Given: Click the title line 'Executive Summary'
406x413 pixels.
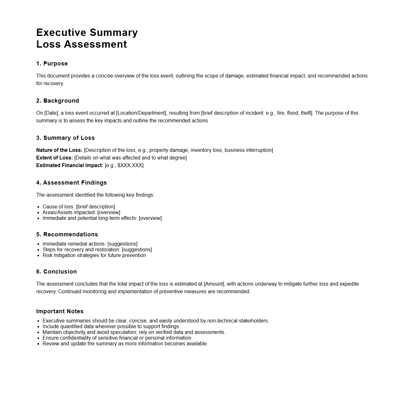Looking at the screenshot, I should pyautogui.click(x=87, y=32).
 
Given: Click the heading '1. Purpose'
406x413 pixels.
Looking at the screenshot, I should pyautogui.click(x=52, y=64).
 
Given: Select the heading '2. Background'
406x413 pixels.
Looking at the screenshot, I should pyautogui.click(x=58, y=101).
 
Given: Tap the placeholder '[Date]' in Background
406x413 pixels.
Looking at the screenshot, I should pyautogui.click(x=51, y=113).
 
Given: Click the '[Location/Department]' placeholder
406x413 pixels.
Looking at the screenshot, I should pyautogui.click(x=141, y=113).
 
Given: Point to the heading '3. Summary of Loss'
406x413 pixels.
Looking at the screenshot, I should pyautogui.click(x=65, y=138).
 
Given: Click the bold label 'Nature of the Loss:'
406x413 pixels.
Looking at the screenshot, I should pyautogui.click(x=59, y=150).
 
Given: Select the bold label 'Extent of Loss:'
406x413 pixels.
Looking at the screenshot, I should pyautogui.click(x=54, y=158).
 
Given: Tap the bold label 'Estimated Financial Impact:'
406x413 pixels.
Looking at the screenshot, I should pyautogui.click(x=70, y=166).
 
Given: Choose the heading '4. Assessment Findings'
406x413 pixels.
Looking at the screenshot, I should pyautogui.click(x=71, y=183).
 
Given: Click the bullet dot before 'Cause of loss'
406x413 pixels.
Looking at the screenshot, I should pyautogui.click(x=38, y=207).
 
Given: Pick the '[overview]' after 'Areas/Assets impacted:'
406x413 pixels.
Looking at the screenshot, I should pyautogui.click(x=109, y=213).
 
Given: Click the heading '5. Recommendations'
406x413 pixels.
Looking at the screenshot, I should pyautogui.click(x=67, y=234).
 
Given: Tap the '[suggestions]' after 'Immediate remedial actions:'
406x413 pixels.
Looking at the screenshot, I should pyautogui.click(x=122, y=244).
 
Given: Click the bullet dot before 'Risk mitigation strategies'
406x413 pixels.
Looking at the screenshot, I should pyautogui.click(x=38, y=256).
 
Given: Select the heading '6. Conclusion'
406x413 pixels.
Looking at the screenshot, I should pyautogui.click(x=57, y=272).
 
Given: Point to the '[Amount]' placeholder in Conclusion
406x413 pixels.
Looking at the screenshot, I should pyautogui.click(x=214, y=284).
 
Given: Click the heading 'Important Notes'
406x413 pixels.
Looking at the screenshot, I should pyautogui.click(x=60, y=311).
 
